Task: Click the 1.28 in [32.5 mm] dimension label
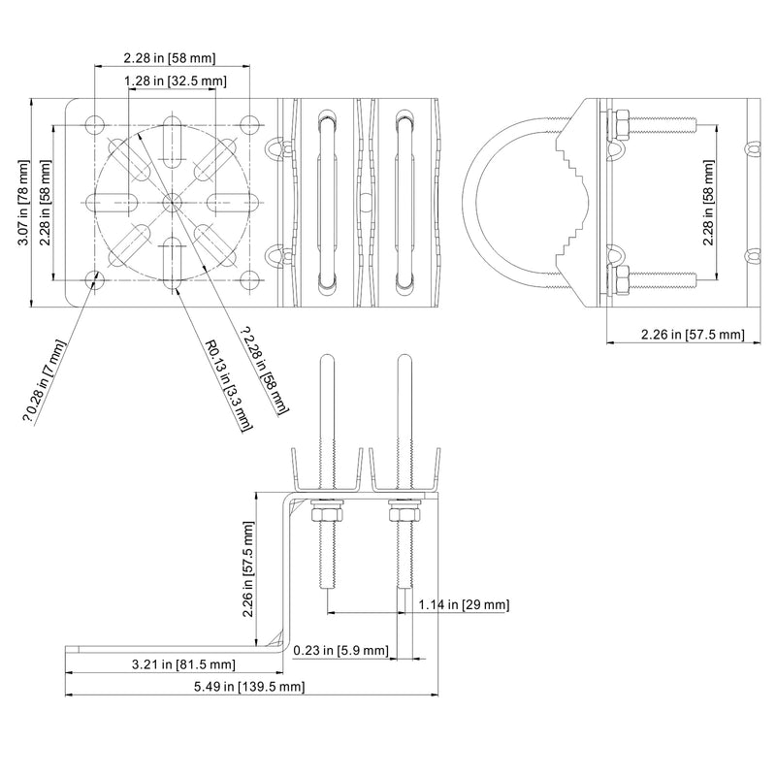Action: [176, 81]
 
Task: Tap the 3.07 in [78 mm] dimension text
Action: [23, 203]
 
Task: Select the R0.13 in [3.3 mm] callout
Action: [229, 384]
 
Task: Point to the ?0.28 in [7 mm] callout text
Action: [44, 380]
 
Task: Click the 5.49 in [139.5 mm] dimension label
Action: [249, 687]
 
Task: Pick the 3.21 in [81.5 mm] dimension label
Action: [183, 664]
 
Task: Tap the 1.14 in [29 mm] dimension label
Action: [464, 604]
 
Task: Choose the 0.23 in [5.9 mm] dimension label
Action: [341, 650]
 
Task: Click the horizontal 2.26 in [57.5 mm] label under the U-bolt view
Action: [693, 335]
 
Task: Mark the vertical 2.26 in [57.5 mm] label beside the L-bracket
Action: [248, 569]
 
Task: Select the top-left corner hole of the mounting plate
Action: [94, 125]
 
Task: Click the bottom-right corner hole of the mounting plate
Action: [250, 280]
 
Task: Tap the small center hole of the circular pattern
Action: [172, 202]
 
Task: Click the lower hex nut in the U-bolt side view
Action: [621, 280]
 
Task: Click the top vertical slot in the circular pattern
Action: [172, 142]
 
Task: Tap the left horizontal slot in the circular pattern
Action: [112, 202]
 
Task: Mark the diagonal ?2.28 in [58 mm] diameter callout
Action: [264, 370]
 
